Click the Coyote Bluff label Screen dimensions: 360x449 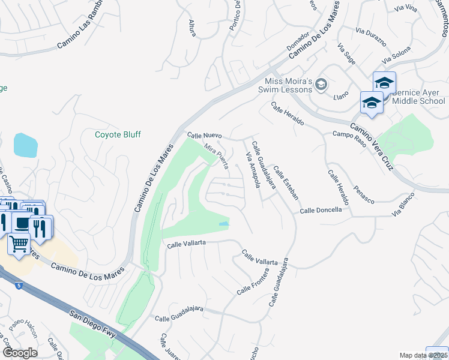pyautogui.click(x=118, y=134)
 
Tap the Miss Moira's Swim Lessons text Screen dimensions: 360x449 pyautogui.click(x=289, y=85)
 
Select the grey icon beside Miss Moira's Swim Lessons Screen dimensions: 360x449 pyautogui.click(x=322, y=85)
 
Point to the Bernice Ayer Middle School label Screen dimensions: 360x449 pyautogui.click(x=418, y=97)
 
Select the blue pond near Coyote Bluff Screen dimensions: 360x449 pyautogui.click(x=25, y=145)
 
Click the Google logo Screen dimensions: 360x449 pyautogui.click(x=19, y=352)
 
